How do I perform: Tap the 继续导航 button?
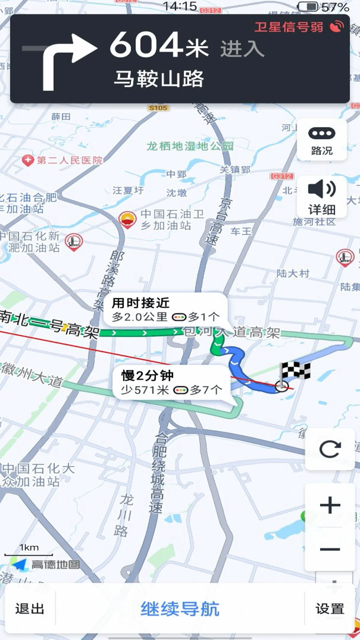pos(180,609)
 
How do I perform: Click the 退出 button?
pos(30,609)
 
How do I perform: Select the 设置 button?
pos(330,609)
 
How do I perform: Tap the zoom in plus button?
pos(330,505)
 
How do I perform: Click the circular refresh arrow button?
pos(330,449)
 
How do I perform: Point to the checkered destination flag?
pos(295,372)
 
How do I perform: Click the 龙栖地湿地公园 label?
pos(190,146)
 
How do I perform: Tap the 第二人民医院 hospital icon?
pos(28,160)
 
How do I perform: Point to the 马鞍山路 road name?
pos(159,79)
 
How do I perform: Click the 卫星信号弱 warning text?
pos(289,27)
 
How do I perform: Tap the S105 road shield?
pos(158,108)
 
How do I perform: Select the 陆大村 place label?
pos(293,273)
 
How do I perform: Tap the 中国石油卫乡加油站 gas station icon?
pos(127,219)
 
